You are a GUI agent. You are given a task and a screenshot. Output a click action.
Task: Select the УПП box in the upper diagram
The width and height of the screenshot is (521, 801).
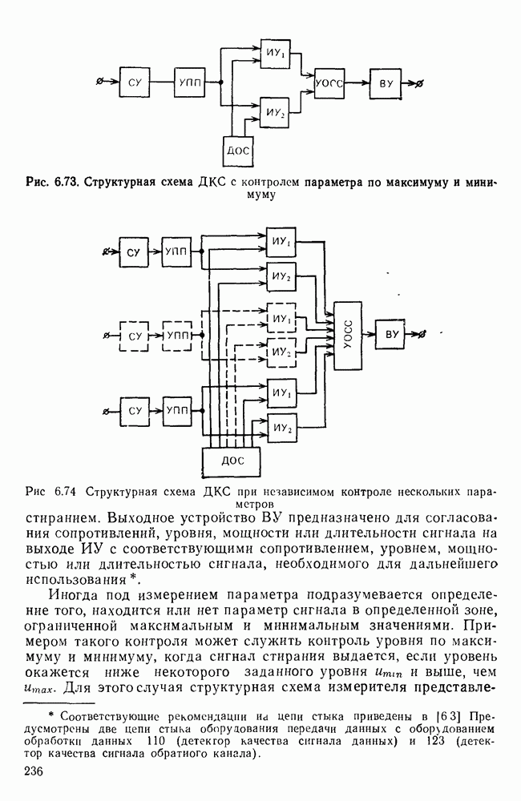tap(188, 82)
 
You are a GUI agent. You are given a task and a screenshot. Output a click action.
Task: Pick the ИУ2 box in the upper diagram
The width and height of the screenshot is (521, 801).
tap(274, 112)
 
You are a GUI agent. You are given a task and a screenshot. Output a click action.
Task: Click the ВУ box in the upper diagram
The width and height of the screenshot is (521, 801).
tap(385, 83)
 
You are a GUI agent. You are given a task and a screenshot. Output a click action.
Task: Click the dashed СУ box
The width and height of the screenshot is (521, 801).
tap(134, 336)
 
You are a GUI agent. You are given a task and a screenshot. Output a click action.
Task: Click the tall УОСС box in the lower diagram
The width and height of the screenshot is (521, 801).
tap(349, 335)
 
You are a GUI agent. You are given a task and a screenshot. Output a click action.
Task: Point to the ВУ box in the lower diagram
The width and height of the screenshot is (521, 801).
tap(393, 334)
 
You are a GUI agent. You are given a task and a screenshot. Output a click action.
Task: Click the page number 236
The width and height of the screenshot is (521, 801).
tap(34, 771)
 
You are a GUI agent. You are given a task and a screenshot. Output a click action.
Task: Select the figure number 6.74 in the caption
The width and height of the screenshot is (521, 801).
tap(67, 491)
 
